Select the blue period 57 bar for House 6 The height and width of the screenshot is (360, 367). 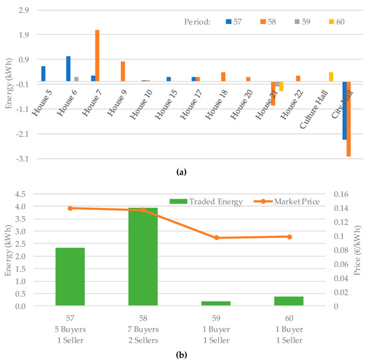click(68, 69)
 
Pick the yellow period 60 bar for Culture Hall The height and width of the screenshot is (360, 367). click(331, 77)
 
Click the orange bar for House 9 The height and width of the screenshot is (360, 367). click(123, 71)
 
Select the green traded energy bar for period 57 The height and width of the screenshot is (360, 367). click(70, 277)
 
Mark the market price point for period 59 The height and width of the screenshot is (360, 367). click(216, 237)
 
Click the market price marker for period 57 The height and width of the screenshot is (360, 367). click(70, 208)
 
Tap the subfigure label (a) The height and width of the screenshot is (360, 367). click(180, 172)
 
